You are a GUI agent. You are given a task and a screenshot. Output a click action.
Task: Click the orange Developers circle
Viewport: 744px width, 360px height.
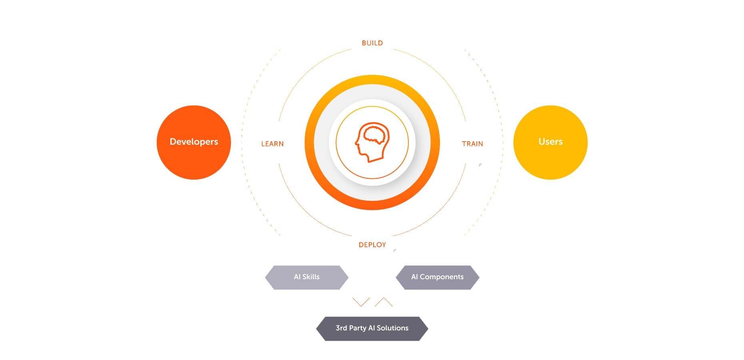click(194, 142)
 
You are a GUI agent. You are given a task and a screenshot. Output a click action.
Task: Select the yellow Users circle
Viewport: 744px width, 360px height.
click(550, 142)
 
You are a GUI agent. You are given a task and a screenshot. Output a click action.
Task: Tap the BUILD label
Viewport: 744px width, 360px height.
click(372, 43)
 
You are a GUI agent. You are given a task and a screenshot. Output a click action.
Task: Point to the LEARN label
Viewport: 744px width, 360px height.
click(272, 144)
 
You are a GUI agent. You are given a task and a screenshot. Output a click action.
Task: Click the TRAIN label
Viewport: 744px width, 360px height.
click(472, 144)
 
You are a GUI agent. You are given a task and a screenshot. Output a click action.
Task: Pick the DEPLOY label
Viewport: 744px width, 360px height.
click(372, 245)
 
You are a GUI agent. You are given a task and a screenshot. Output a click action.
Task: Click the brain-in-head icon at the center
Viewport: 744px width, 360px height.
click(372, 142)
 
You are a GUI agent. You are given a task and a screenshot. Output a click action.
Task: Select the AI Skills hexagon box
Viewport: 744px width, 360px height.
click(307, 277)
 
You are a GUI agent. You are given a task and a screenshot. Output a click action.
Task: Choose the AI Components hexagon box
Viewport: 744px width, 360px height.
click(438, 277)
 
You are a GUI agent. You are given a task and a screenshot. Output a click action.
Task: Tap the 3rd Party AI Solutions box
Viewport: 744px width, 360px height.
click(372, 328)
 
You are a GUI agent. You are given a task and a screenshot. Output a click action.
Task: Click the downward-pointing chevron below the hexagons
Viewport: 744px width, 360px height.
click(361, 302)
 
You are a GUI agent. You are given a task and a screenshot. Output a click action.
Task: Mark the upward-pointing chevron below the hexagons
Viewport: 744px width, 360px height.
click(384, 302)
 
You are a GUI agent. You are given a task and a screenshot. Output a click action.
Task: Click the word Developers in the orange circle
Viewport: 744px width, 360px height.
click(194, 142)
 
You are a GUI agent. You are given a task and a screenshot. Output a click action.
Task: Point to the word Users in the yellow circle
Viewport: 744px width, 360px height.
click(550, 142)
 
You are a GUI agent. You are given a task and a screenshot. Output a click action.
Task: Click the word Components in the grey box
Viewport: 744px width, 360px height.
click(442, 277)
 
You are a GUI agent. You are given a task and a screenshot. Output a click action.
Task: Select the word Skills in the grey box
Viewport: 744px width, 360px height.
click(311, 277)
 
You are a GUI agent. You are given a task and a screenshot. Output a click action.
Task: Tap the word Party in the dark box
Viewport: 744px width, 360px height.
click(358, 328)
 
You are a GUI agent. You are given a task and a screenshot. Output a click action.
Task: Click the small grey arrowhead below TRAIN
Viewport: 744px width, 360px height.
click(480, 165)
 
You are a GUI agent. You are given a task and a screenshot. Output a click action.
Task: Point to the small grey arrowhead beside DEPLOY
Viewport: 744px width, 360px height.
click(394, 251)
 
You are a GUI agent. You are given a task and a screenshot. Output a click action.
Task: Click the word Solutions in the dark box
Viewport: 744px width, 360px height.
click(392, 328)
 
